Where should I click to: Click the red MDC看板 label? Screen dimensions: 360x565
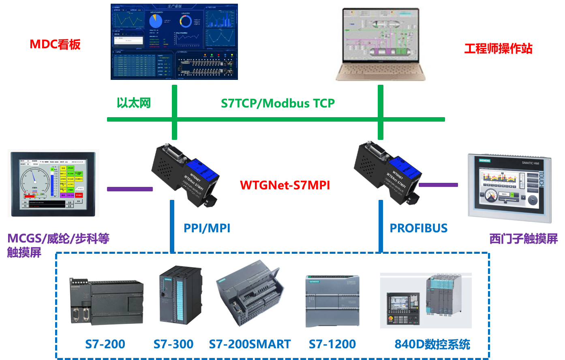click(55, 44)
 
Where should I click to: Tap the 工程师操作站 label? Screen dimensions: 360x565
click(498, 49)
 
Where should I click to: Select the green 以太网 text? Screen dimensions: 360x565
click(134, 103)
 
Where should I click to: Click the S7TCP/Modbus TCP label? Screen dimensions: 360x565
click(278, 103)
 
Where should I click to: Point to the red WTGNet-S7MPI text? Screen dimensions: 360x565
click(285, 185)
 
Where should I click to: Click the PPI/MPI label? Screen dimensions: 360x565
click(207, 228)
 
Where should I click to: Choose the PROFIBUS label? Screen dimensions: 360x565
click(419, 228)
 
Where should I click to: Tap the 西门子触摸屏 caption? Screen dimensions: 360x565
click(524, 239)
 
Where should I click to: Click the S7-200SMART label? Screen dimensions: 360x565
click(250, 345)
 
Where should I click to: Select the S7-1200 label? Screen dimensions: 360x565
click(332, 345)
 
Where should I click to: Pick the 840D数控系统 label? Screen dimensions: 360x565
click(432, 345)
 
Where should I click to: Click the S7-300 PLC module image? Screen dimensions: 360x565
click(180, 294)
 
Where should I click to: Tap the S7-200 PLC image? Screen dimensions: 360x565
click(105, 300)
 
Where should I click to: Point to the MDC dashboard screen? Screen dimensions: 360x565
click(174, 42)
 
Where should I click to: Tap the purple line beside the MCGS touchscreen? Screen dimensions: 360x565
click(130, 189)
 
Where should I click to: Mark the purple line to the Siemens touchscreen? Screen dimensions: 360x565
click(438, 185)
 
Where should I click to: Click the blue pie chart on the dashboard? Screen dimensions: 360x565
click(156, 21)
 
